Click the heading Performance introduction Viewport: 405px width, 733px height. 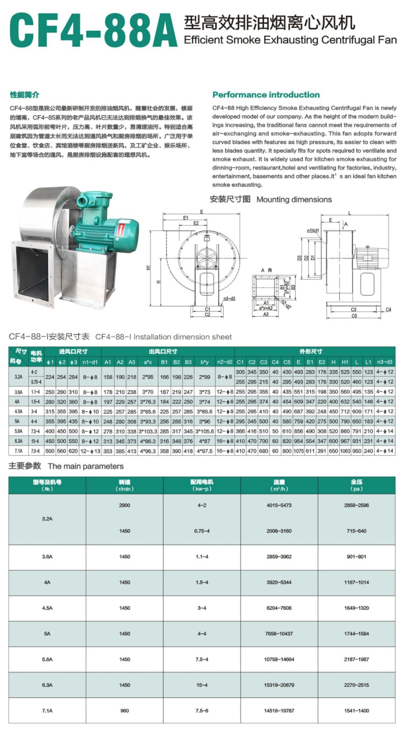point(266,95)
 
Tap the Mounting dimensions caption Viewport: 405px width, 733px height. point(294,200)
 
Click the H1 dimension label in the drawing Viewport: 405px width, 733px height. point(148,268)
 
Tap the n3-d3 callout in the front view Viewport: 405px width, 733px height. point(230,299)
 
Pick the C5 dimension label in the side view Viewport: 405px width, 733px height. point(354,316)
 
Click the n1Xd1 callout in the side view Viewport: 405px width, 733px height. point(313,231)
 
